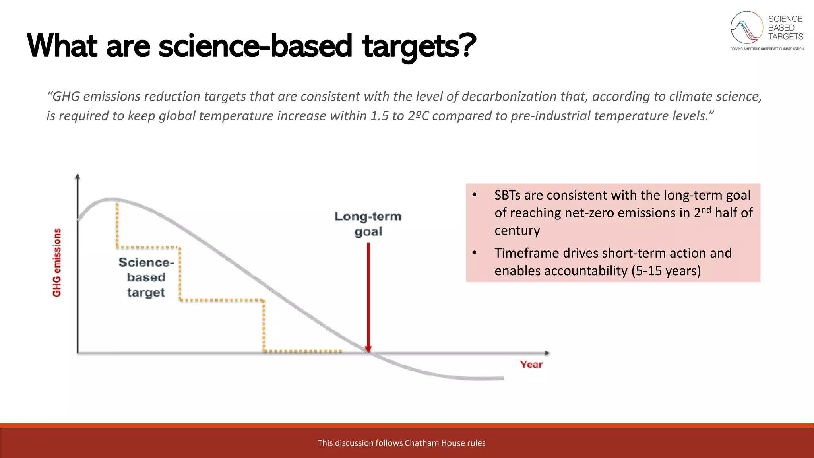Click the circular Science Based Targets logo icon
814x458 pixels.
point(746,27)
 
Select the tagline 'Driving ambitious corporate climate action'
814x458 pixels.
point(767,49)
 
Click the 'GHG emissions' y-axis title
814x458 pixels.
point(57,262)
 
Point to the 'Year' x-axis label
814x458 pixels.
point(531,365)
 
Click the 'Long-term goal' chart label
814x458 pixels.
point(368,224)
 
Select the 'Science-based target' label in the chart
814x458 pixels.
point(146,277)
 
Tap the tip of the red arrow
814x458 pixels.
point(368,350)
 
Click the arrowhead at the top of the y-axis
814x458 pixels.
point(78,176)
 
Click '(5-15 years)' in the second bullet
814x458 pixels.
point(666,271)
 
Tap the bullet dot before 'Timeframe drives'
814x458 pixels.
point(474,253)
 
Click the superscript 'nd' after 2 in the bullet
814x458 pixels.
point(706,210)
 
